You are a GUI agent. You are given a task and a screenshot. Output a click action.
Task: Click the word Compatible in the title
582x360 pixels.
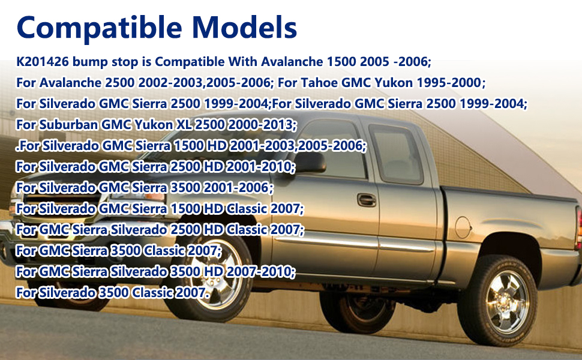(100, 28)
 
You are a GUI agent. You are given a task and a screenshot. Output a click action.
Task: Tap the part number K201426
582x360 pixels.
(43, 62)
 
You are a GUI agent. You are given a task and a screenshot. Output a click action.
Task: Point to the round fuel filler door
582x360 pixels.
(463, 227)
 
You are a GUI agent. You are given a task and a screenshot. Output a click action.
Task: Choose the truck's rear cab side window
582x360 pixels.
(396, 154)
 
